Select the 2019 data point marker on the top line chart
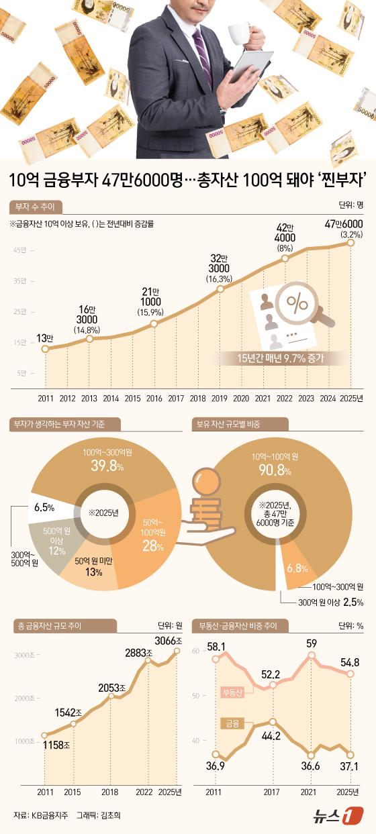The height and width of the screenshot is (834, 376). pyautogui.click(x=220, y=289)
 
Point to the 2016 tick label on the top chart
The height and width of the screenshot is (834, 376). pyautogui.click(x=154, y=398)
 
